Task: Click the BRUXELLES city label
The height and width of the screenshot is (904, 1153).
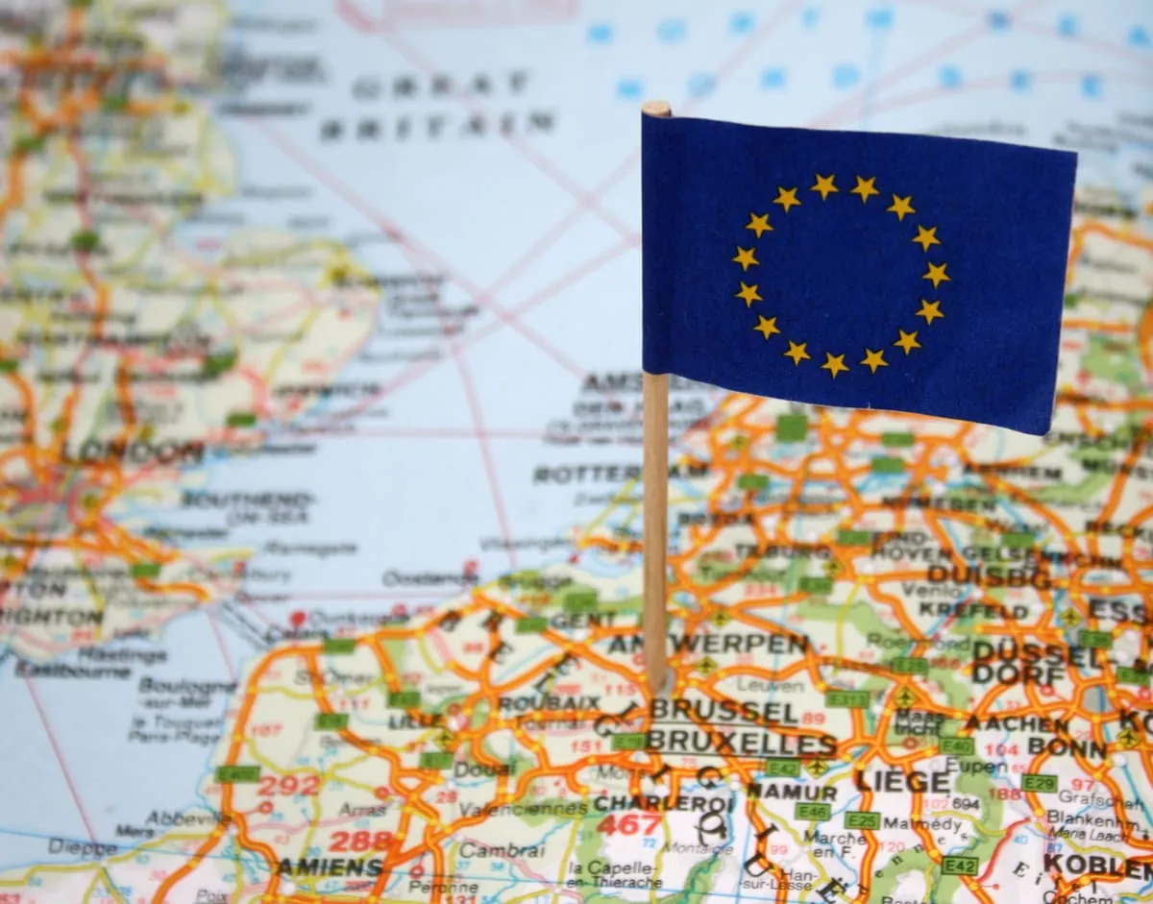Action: pos(741,743)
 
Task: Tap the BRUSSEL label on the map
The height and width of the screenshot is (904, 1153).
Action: pos(724,712)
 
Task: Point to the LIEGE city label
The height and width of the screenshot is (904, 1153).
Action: pos(902,781)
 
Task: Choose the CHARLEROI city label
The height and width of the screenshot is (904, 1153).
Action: pos(664,802)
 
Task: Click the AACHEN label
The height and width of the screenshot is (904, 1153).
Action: pos(1018,723)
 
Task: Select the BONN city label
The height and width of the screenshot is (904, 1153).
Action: pos(1053,746)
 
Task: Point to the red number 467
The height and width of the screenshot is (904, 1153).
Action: pos(629,824)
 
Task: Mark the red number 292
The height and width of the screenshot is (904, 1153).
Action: pos(288,786)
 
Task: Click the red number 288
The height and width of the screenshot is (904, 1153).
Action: pos(360,842)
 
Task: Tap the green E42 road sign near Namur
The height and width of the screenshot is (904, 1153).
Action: pos(783,768)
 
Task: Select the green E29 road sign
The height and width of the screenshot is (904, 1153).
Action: pos(1039,783)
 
